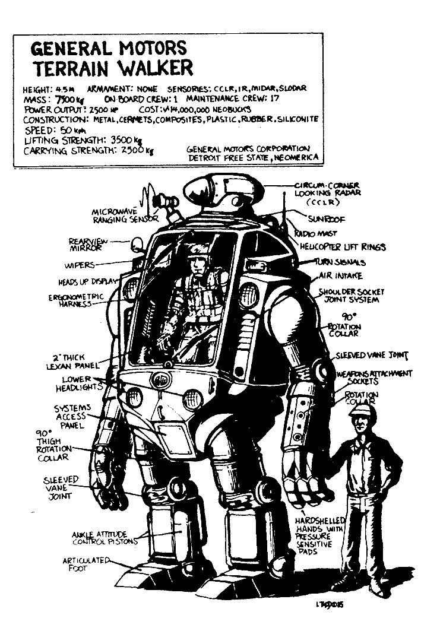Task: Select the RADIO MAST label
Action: (x=312, y=233)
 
